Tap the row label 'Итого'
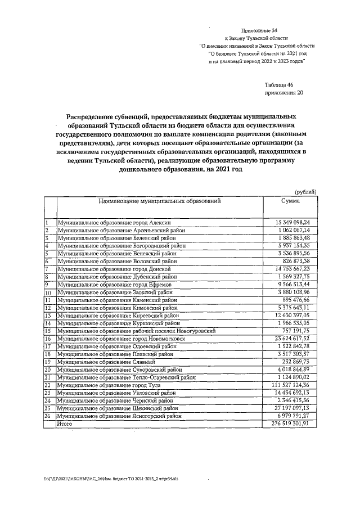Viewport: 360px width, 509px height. click(x=65, y=423)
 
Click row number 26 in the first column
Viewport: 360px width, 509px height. click(x=48, y=416)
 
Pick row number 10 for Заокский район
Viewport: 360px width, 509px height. click(x=48, y=293)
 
